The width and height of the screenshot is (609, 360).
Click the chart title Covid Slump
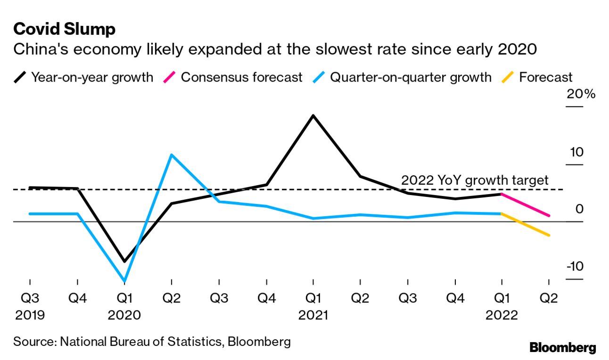point(64,29)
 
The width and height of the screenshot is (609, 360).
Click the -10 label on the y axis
point(574,266)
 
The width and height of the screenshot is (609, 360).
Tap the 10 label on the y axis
point(576,152)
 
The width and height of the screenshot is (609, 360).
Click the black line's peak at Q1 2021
point(313,115)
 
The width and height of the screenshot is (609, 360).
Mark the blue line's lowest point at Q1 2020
point(124,281)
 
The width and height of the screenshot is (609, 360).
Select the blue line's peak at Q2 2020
point(172,155)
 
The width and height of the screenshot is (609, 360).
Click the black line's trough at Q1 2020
point(124,262)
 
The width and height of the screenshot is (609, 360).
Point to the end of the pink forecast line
point(549,216)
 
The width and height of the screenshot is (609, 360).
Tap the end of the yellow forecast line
point(549,235)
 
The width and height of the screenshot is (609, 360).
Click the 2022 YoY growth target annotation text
point(475,180)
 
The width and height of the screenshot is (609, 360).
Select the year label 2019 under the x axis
point(30,315)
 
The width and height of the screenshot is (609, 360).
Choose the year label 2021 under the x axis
point(313,315)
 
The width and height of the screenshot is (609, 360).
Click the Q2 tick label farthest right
point(549,298)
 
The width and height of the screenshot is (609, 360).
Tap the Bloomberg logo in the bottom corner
point(562,348)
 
